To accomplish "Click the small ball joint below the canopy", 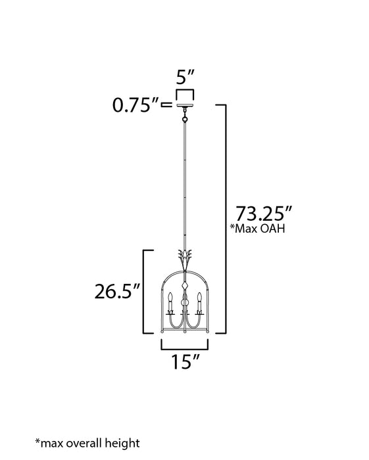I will coord(185,120).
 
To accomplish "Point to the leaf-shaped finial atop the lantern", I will coord(185,256).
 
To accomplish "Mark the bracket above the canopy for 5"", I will coord(185,91).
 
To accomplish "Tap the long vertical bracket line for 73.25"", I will coord(226,217).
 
